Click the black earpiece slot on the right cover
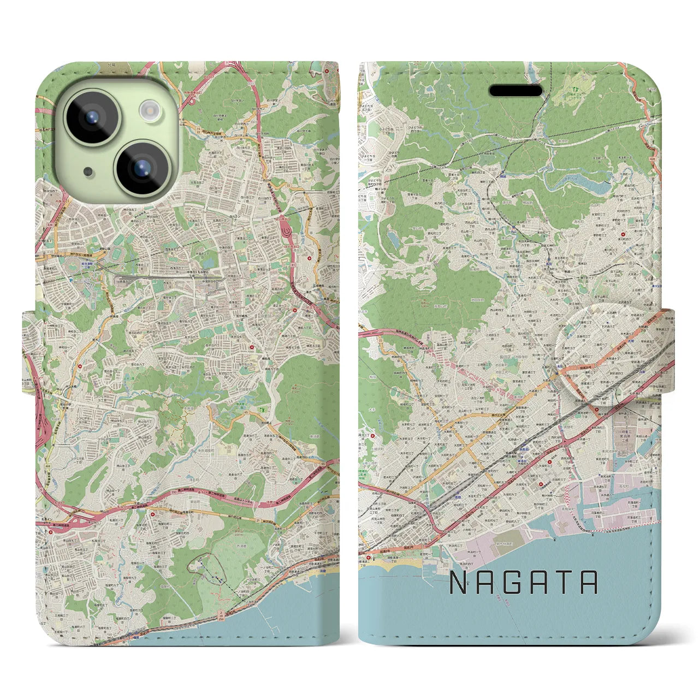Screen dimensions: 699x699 (515, 91)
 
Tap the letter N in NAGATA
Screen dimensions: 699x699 (458, 583)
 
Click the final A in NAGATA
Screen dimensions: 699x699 (590, 583)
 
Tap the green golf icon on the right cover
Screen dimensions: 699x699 (574, 86)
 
